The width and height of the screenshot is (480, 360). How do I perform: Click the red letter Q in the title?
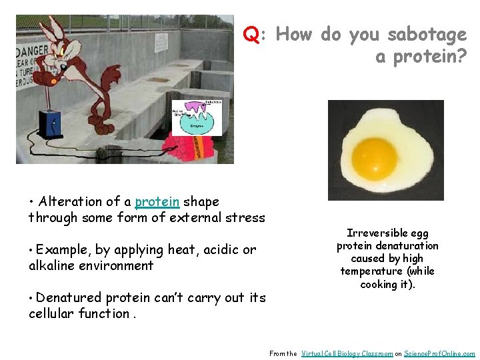[x=251, y=34]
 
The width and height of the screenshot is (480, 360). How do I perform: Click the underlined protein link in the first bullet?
[x=157, y=201]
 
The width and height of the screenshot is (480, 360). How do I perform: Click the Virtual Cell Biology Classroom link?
[x=347, y=353]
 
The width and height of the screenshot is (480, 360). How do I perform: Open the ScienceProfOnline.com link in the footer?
[x=440, y=353]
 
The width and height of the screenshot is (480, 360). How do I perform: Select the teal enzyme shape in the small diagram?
[x=197, y=122]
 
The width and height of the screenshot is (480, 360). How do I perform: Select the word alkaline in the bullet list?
[x=53, y=265]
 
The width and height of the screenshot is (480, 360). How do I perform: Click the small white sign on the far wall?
[x=162, y=41]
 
